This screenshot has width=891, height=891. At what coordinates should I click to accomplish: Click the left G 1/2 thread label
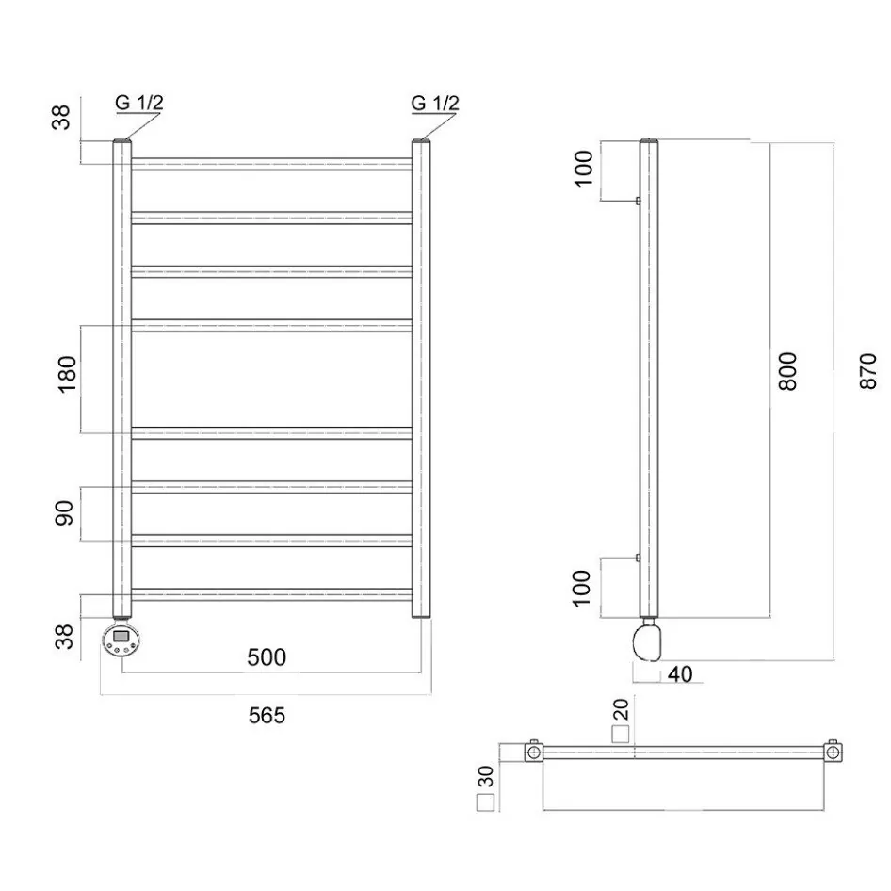point(139,103)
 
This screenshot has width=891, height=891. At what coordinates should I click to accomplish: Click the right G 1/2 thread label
point(435,103)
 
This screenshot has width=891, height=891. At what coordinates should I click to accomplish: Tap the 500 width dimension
point(267,657)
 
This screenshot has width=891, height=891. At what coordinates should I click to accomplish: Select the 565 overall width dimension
point(267,716)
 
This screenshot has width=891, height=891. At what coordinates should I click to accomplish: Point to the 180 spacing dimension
point(67,374)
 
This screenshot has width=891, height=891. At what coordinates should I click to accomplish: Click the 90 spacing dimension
point(65,512)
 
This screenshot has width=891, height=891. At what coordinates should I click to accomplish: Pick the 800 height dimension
point(787,371)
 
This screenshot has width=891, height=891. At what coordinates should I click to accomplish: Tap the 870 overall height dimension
point(868,371)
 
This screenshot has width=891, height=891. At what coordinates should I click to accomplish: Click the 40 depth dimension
point(680,674)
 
